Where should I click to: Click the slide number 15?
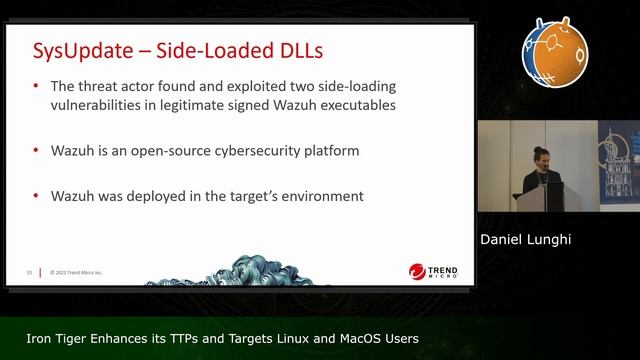tap(30, 271)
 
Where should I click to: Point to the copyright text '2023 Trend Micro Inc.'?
tap(74, 271)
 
